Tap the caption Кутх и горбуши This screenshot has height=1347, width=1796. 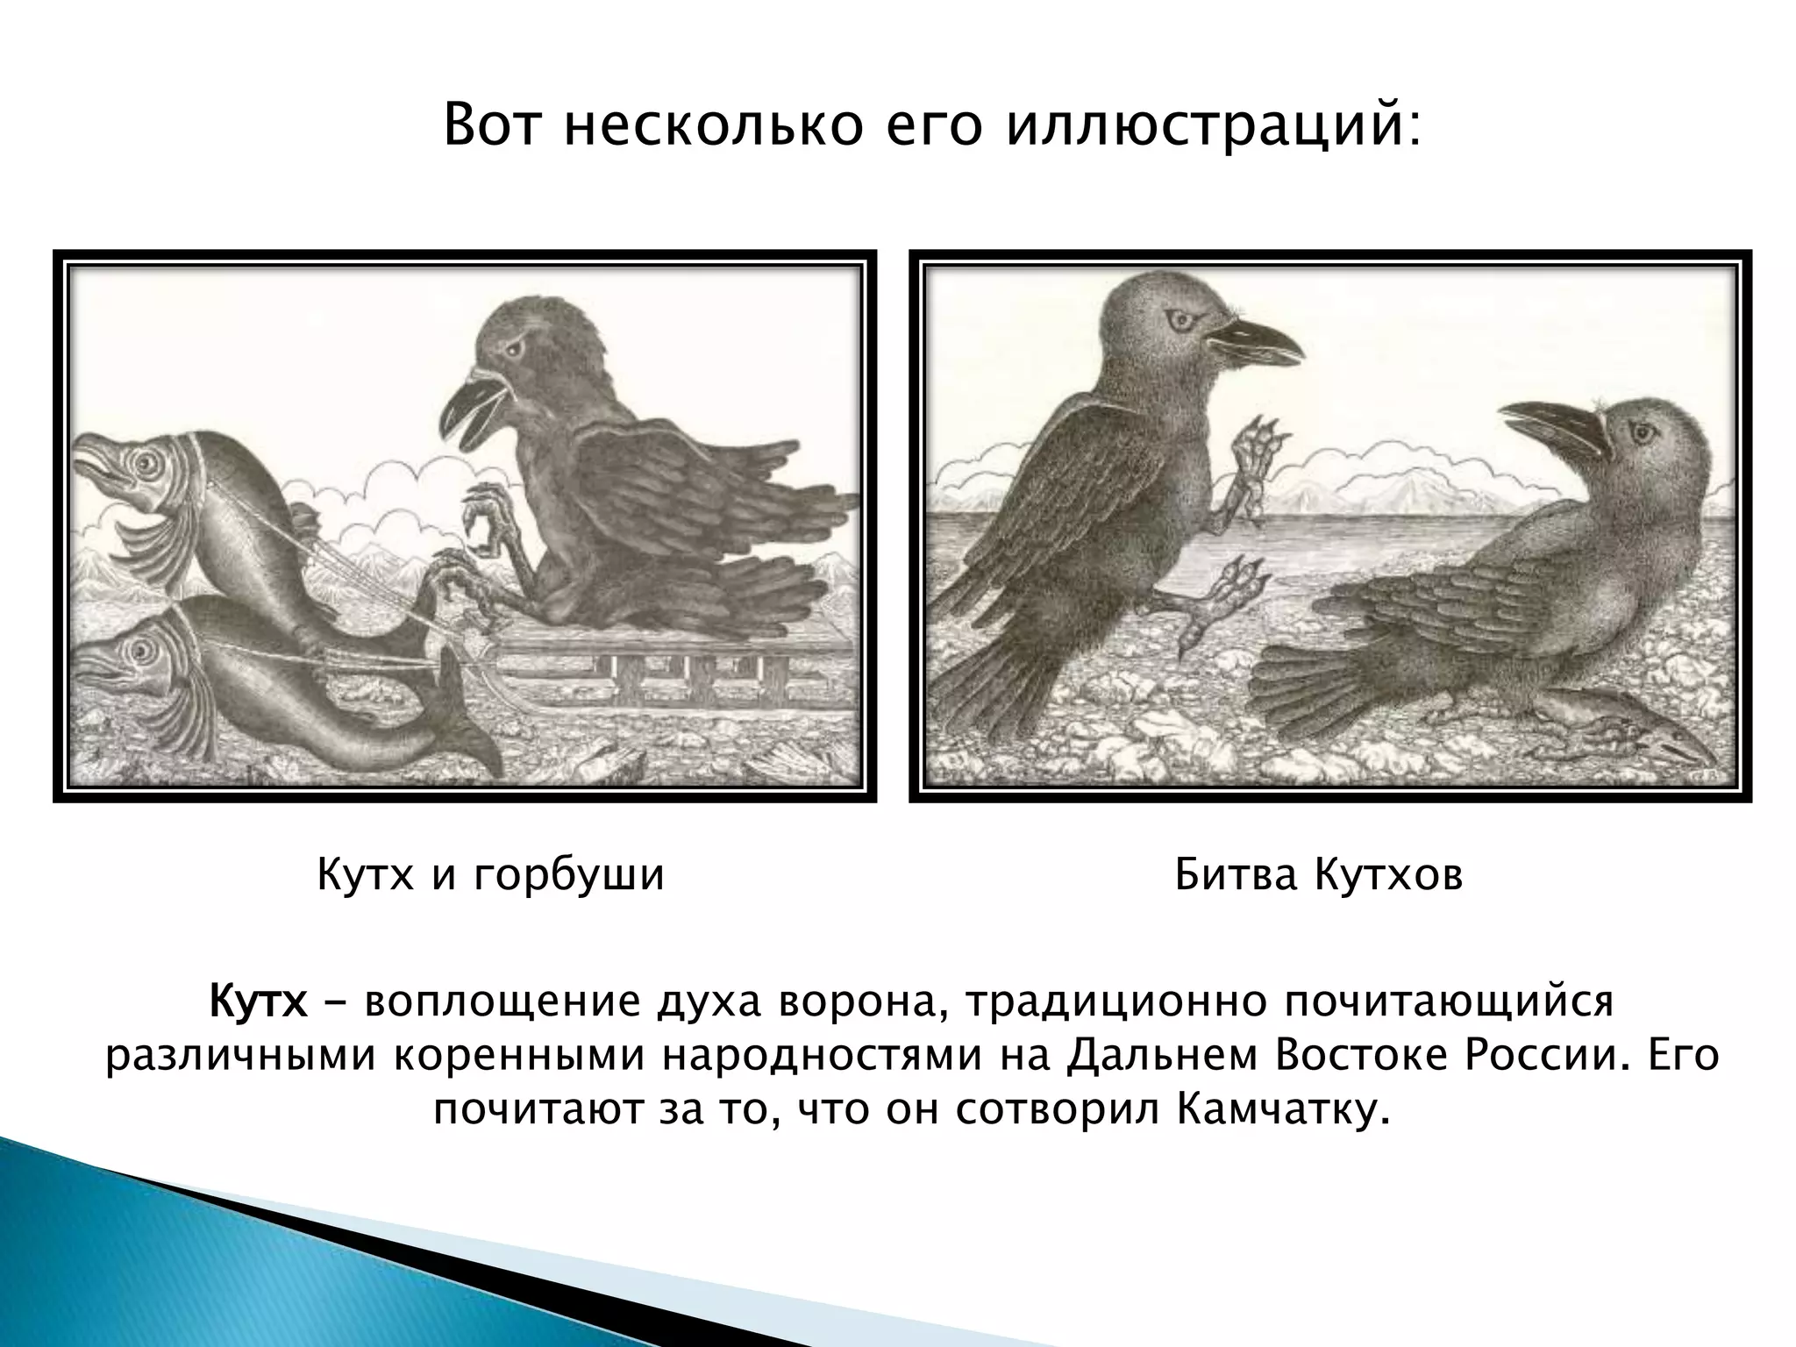(490, 875)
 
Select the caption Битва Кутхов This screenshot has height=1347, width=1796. (1319, 875)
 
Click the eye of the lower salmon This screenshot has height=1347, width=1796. (138, 650)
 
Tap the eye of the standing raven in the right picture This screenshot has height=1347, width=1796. (1178, 322)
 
